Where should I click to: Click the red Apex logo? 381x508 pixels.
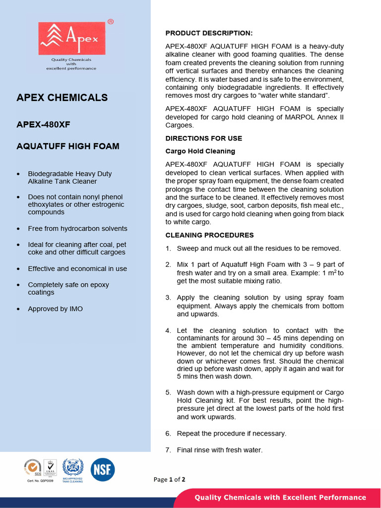(72, 38)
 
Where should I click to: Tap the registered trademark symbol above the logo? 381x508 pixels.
(110, 22)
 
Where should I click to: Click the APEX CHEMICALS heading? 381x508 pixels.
(62, 98)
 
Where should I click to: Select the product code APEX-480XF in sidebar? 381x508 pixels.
(43, 125)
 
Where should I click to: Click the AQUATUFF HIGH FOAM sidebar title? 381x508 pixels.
(68, 146)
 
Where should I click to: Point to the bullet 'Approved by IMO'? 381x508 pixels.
(55, 309)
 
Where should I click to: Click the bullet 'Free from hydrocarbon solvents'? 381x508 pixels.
(77, 229)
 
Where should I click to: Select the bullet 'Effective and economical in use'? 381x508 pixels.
(77, 269)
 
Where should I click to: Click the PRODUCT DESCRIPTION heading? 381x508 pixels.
(209, 33)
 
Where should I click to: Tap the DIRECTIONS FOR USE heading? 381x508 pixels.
(203, 138)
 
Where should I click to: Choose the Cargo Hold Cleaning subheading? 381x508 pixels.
(200, 151)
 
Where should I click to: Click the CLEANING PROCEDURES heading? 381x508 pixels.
(209, 235)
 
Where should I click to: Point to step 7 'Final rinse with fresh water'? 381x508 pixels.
(219, 450)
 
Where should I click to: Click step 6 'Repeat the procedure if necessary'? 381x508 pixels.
(231, 434)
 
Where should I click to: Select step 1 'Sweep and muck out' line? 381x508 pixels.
(258, 249)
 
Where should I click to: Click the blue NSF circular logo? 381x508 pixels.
(102, 469)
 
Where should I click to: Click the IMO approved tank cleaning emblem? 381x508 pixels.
(73, 468)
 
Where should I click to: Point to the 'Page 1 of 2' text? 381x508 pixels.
(169, 480)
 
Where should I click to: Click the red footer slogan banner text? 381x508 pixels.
(280, 498)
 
